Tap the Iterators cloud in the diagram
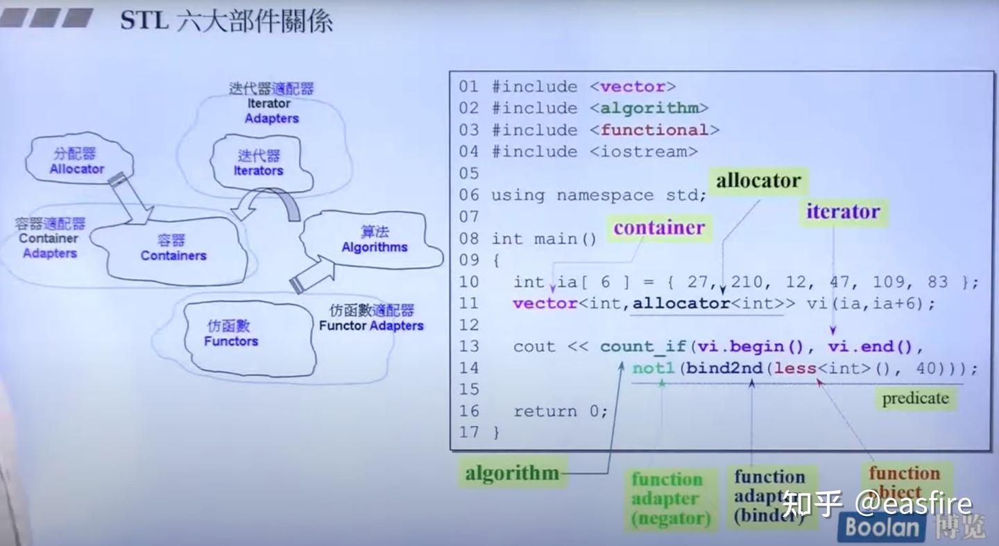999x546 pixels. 258,163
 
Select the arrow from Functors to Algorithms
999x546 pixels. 313,275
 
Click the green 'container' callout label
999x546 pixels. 658,228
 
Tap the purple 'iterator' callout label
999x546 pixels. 843,212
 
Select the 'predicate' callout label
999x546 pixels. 914,398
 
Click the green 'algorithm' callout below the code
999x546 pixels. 512,473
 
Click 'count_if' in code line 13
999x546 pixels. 642,346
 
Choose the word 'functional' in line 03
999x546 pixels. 654,130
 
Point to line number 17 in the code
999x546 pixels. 469,432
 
